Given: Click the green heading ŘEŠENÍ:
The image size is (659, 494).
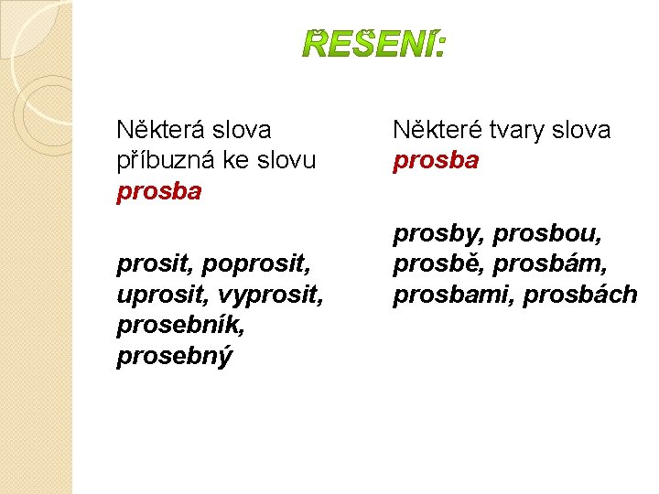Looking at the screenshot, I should pyautogui.click(x=373, y=43).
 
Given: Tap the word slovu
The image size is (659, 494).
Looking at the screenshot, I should pyautogui.click(x=285, y=160).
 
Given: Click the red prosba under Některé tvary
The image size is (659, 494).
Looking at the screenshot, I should pyautogui.click(x=436, y=161).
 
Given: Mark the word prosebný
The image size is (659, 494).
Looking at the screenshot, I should pyautogui.click(x=174, y=356).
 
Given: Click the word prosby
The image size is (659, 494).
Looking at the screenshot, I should pyautogui.click(x=438, y=235).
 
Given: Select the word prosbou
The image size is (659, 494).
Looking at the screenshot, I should pyautogui.click(x=547, y=235).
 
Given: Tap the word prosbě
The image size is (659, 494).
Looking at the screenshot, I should pyautogui.click(x=435, y=265).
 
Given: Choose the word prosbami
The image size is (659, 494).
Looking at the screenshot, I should pyautogui.click(x=452, y=295).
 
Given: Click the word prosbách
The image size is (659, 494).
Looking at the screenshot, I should pyautogui.click(x=580, y=295).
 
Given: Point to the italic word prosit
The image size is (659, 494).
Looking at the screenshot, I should pyautogui.click(x=153, y=265).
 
